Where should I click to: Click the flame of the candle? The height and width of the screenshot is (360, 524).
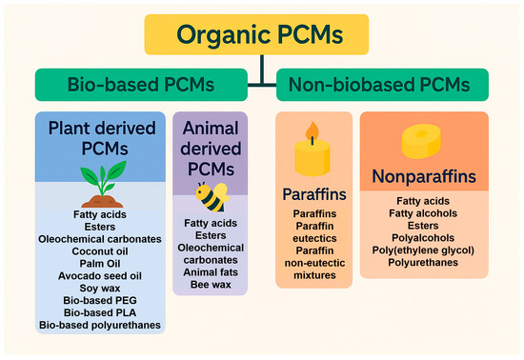312,130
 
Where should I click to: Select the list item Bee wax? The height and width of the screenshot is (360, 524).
218,284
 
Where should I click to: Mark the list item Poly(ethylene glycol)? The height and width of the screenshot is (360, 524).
426,250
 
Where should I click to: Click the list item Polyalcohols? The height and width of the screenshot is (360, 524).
426,237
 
